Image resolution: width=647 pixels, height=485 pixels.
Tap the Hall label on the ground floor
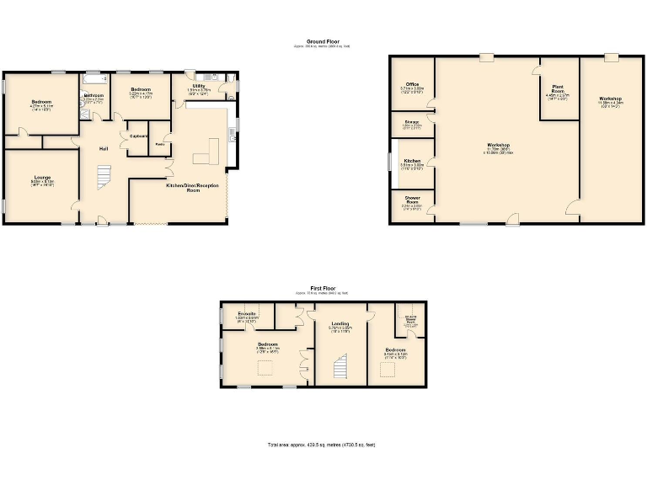click(x=103, y=149)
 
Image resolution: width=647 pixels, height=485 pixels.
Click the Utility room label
click(x=199, y=86)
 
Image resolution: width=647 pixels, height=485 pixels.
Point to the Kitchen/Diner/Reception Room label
click(x=192, y=187)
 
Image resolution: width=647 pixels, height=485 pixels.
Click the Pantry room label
click(x=160, y=145)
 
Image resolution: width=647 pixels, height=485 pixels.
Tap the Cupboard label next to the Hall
click(x=139, y=136)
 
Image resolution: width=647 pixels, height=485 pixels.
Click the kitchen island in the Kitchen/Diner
click(x=206, y=157)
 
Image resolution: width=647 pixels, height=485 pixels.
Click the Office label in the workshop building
click(x=412, y=84)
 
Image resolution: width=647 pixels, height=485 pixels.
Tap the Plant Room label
click(x=558, y=88)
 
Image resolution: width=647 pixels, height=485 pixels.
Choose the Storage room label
click(x=412, y=122)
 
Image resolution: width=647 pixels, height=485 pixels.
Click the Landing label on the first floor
click(x=340, y=323)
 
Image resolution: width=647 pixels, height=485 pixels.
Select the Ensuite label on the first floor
click(x=247, y=313)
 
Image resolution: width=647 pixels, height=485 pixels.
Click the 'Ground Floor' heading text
click(x=322, y=40)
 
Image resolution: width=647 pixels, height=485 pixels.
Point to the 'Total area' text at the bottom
click(x=322, y=444)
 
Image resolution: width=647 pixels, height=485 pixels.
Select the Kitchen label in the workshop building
click(x=412, y=160)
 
